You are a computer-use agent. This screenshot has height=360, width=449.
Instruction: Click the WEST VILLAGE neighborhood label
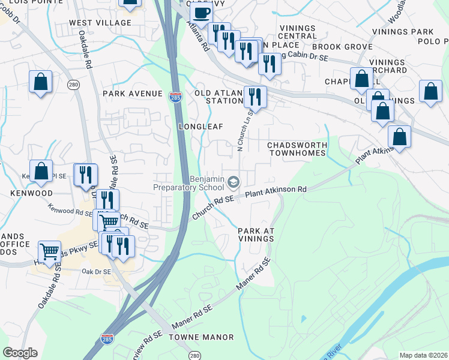[x=100, y=23]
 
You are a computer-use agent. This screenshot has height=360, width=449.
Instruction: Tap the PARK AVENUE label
[x=132, y=94]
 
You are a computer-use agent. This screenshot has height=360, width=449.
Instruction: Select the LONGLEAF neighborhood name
[x=200, y=127]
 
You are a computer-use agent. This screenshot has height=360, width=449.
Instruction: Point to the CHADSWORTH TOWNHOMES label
[x=297, y=149]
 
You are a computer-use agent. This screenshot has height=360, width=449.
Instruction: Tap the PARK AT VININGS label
[x=255, y=235]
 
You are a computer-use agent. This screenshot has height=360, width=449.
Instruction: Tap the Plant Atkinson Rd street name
[x=276, y=191]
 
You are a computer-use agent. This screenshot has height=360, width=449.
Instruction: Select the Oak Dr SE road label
[x=96, y=272]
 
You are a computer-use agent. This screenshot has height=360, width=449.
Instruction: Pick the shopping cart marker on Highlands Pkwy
[x=49, y=251]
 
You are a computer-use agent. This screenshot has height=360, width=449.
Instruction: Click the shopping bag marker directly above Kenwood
[x=40, y=170]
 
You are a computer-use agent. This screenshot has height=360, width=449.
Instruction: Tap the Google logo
[x=20, y=353]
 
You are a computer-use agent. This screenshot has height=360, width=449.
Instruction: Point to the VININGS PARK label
[x=402, y=32]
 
